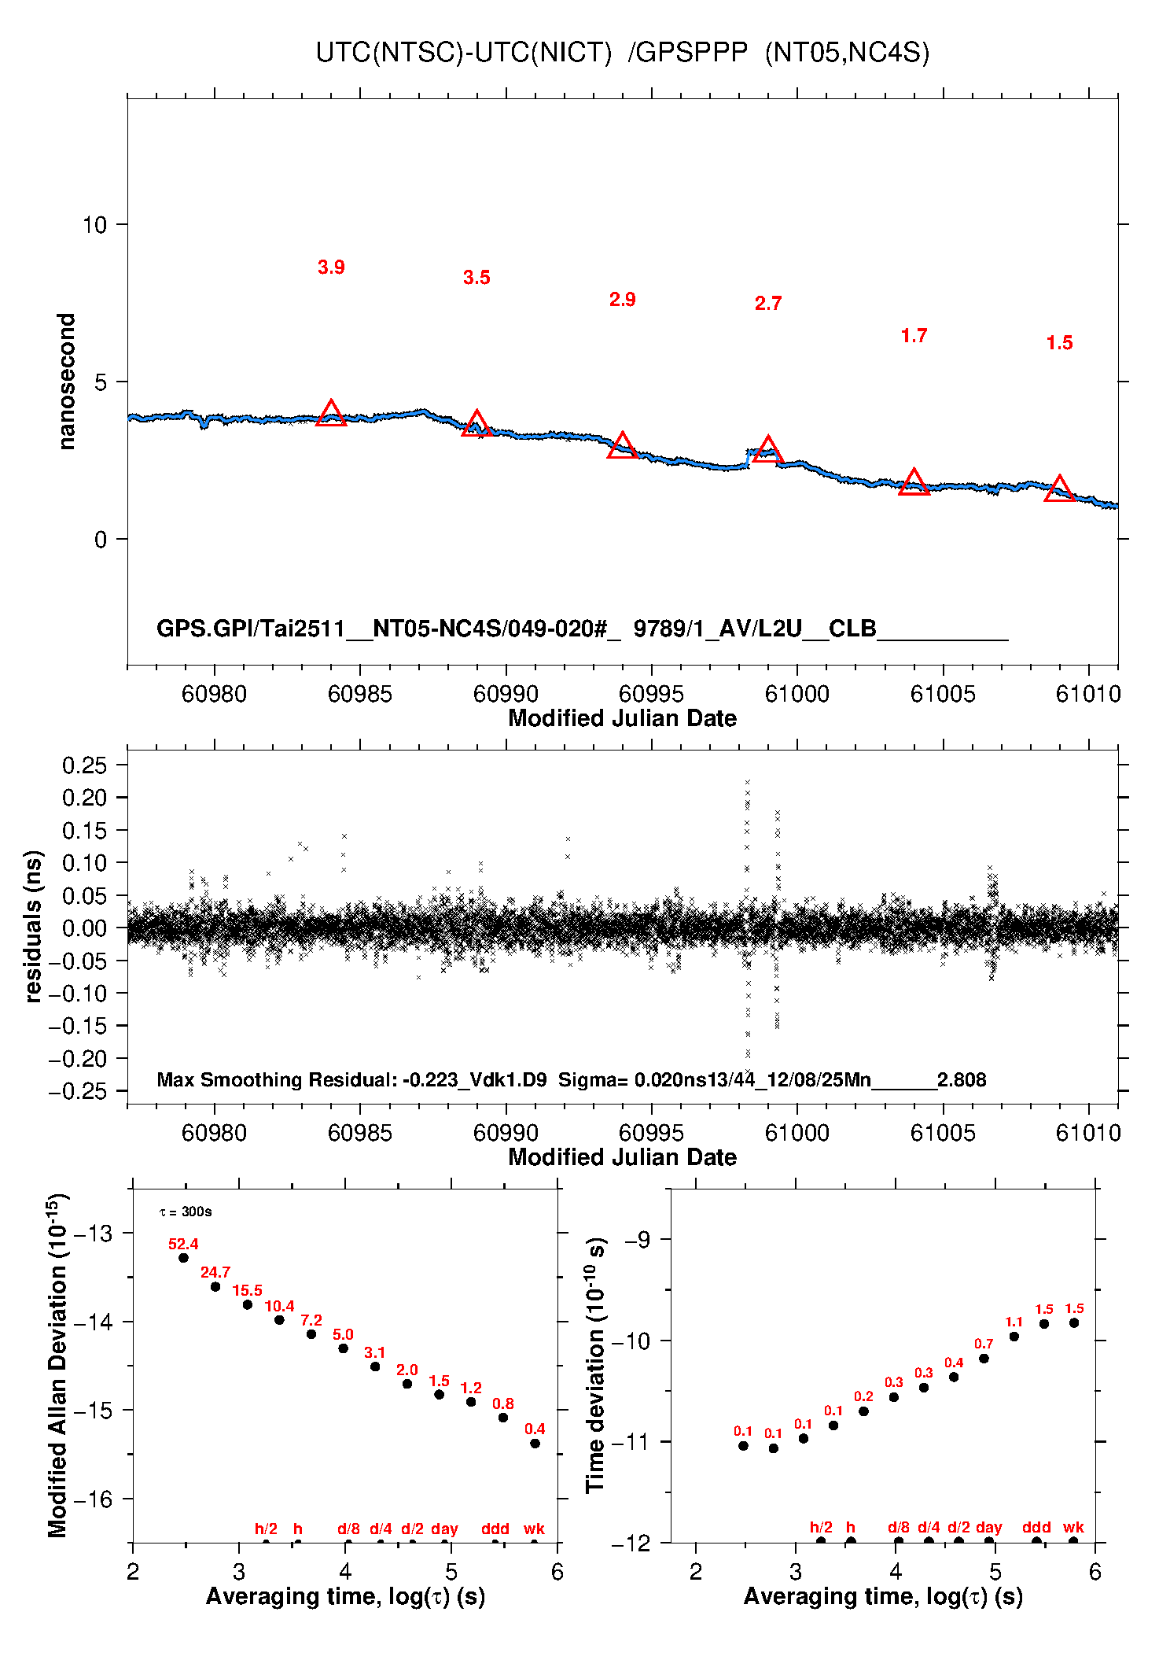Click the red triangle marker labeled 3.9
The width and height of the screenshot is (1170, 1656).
[x=331, y=414]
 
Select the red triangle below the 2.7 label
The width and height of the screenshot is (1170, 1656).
[x=767, y=450]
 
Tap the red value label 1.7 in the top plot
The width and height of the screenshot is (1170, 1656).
[x=914, y=336]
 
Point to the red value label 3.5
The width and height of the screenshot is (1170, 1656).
[x=476, y=278]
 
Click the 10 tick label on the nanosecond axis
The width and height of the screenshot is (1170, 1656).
[x=94, y=225]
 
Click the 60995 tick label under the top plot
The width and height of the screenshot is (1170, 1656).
[x=651, y=694]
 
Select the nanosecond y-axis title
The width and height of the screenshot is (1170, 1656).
[x=67, y=382]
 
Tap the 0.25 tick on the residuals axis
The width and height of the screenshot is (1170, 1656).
[x=84, y=765]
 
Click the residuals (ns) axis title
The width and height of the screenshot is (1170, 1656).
[x=33, y=926]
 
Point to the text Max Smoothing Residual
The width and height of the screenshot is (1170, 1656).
[x=275, y=1079]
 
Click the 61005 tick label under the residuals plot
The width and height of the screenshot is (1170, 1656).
[x=943, y=1133]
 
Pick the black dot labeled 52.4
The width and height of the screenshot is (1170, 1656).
[x=183, y=1258]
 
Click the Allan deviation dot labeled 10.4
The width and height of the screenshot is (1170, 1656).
[x=279, y=1319]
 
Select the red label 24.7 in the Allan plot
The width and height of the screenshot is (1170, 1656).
[x=215, y=1272]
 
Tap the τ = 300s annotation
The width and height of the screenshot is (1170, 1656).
[x=186, y=1212]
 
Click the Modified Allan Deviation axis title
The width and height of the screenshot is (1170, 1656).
[x=57, y=1365]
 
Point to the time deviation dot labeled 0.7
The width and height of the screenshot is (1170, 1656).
[x=984, y=1359]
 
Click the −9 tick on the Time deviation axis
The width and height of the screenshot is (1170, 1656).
[x=638, y=1241]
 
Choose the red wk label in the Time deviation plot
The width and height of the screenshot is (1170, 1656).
[x=1073, y=1528]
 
